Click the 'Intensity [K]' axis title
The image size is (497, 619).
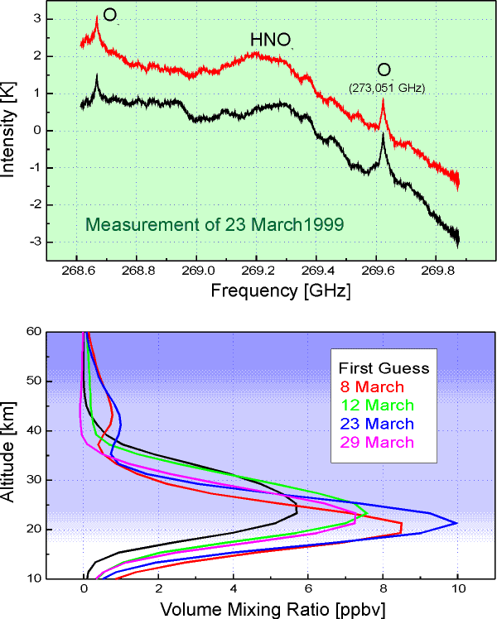point(12,131)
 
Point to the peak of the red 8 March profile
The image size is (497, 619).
point(402,526)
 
